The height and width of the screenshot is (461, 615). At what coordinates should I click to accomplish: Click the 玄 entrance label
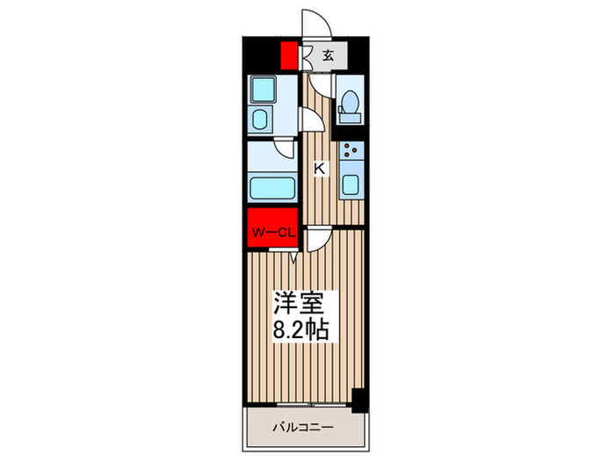pyautogui.click(x=328, y=55)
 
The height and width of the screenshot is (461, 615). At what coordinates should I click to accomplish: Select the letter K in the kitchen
pyautogui.click(x=320, y=169)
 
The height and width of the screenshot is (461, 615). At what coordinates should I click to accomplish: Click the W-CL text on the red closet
pyautogui.click(x=273, y=233)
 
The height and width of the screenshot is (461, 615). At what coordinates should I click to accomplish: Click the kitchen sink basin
pyautogui.click(x=351, y=185)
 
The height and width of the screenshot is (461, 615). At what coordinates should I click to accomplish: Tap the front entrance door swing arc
pyautogui.click(x=314, y=25)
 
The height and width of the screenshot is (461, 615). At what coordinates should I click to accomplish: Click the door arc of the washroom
pyautogui.click(x=309, y=118)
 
